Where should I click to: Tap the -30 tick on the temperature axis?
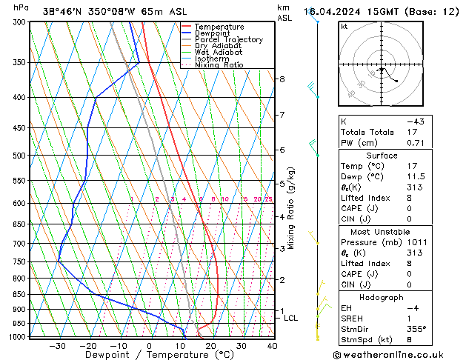pyautogui.click(x=57, y=346)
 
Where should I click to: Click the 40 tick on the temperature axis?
pyautogui.click(x=272, y=346)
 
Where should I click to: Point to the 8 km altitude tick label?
pyautogui.click(x=282, y=79)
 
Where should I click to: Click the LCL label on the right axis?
pyautogui.click(x=291, y=318)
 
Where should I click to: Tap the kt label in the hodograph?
pyautogui.click(x=344, y=26)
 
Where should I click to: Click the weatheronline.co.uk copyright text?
pyautogui.click(x=399, y=354)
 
